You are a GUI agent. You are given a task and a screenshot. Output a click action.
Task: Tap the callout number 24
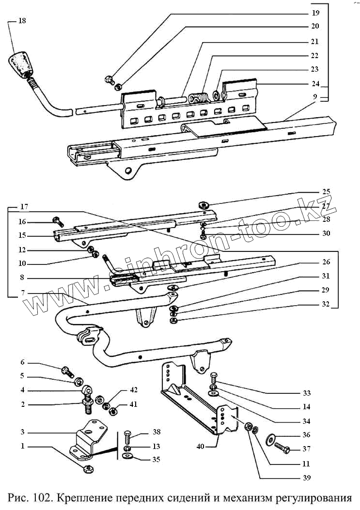(316, 83)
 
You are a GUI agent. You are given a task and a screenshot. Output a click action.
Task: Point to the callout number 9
(315, 96)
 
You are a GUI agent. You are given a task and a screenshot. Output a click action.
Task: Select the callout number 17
(24, 207)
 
